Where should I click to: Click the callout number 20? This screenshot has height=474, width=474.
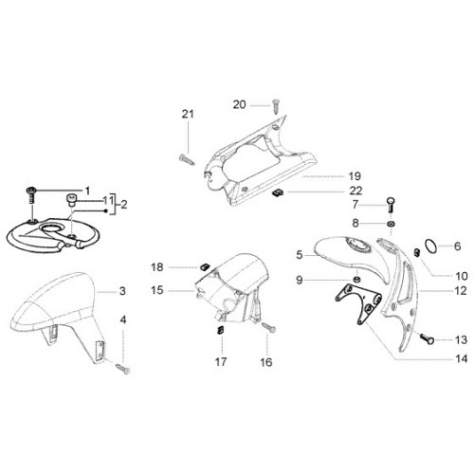coord(239,104)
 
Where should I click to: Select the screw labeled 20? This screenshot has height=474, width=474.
coord(276,105)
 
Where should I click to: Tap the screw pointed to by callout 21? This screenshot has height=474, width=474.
coord(187,159)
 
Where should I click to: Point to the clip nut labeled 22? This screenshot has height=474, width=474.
coord(278,192)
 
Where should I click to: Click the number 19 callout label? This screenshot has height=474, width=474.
coord(355,176)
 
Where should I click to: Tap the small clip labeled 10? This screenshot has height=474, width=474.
coord(417,252)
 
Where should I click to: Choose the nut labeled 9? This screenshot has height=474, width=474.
coord(356,280)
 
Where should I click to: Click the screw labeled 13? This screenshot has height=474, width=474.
coord(427,338)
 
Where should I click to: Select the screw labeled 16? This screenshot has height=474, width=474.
coord(268,327)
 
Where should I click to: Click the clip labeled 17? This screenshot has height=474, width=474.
coord(220,331)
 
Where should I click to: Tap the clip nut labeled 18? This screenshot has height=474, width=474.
coord(205,267)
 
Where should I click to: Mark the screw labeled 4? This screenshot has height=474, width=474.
coord(122,369)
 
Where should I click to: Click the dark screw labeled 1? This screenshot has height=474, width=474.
coord(30,195)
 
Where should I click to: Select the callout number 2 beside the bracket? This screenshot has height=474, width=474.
coord(123,205)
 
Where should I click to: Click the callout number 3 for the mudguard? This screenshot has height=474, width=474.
coord(122,291)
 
